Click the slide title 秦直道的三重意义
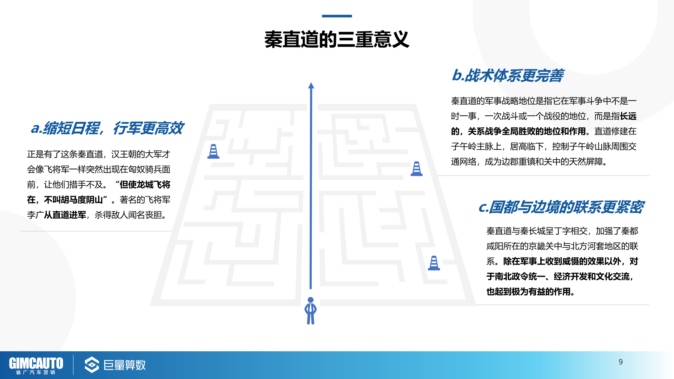[337, 39]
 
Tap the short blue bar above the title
[337, 16]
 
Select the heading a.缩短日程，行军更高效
[107, 128]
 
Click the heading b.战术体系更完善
[508, 75]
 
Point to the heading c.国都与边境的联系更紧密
[561, 207]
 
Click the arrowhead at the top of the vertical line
[311, 85]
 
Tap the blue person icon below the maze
[311, 311]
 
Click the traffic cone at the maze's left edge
[213, 151]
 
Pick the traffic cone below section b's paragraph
[417, 169]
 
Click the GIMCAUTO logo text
[36, 363]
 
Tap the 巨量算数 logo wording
[125, 365]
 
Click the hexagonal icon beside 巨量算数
[92, 365]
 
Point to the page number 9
[621, 362]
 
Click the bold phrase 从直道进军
[65, 215]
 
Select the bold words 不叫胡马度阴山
[73, 200]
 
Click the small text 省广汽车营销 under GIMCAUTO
[36, 372]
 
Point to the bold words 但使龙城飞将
[145, 185]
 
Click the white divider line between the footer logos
[73, 365]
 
